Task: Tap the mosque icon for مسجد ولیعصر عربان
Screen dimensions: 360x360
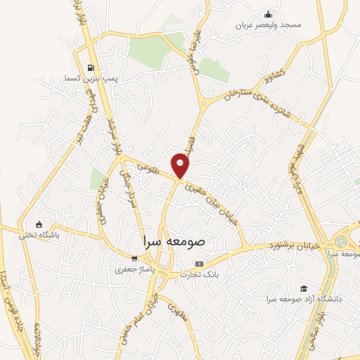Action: coord(267,14)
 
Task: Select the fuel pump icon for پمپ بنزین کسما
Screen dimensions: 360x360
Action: coord(91,68)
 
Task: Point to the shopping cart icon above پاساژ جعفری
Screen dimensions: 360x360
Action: coord(134,258)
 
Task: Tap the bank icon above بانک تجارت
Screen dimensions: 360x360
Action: coord(199,264)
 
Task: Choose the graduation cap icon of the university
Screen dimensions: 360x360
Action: coord(303,288)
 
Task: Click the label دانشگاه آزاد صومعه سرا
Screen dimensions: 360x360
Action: coord(304,300)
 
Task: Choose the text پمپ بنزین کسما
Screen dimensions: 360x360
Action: coord(89,79)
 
